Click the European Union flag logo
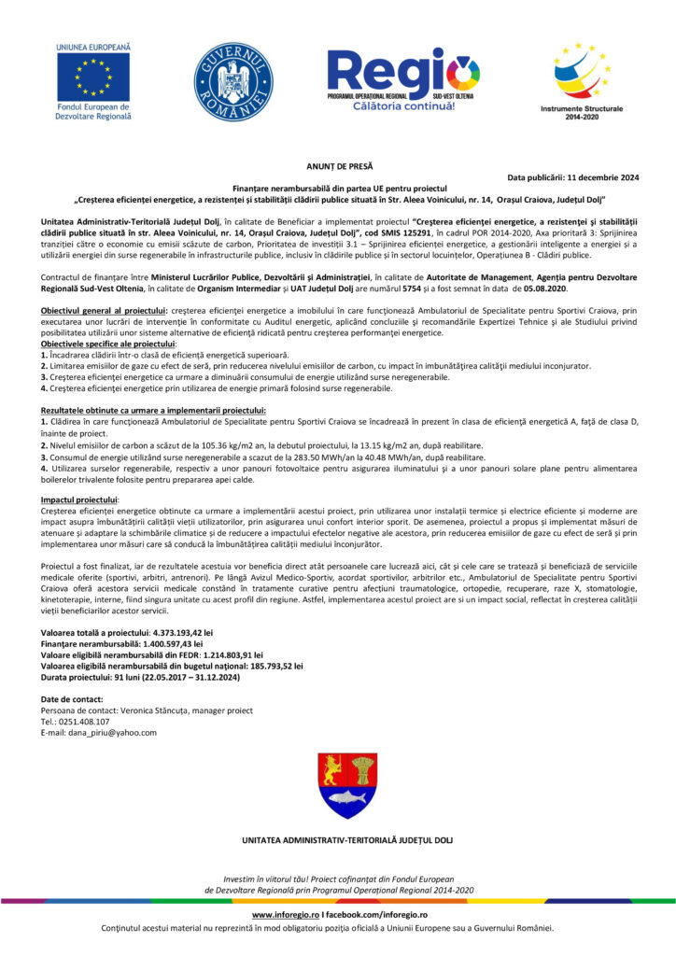pos(92,75)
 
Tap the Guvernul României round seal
pos(232,81)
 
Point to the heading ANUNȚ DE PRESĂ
pos(339,163)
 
